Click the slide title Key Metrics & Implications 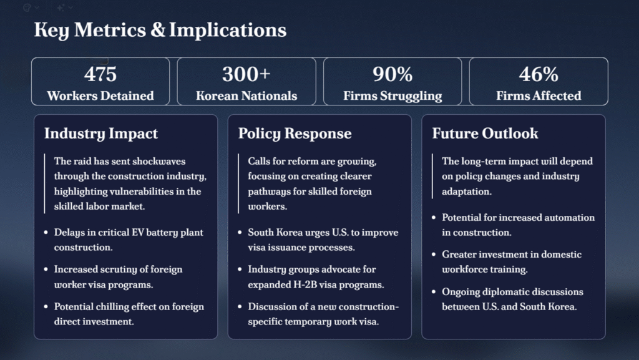click(x=160, y=30)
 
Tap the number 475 click(x=100, y=74)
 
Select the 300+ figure click(x=246, y=74)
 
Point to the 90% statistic click(x=393, y=74)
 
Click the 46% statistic click(x=539, y=74)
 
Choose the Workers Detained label click(x=100, y=95)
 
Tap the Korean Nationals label click(x=246, y=95)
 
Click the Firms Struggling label click(x=393, y=95)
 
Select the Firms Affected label click(x=539, y=95)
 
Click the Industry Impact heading click(x=100, y=134)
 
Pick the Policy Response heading click(x=295, y=134)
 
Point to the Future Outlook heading click(x=485, y=134)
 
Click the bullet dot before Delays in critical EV click(x=46, y=233)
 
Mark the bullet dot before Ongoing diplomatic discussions click(x=434, y=292)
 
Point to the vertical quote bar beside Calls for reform click(x=238, y=183)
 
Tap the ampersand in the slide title click(x=158, y=30)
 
